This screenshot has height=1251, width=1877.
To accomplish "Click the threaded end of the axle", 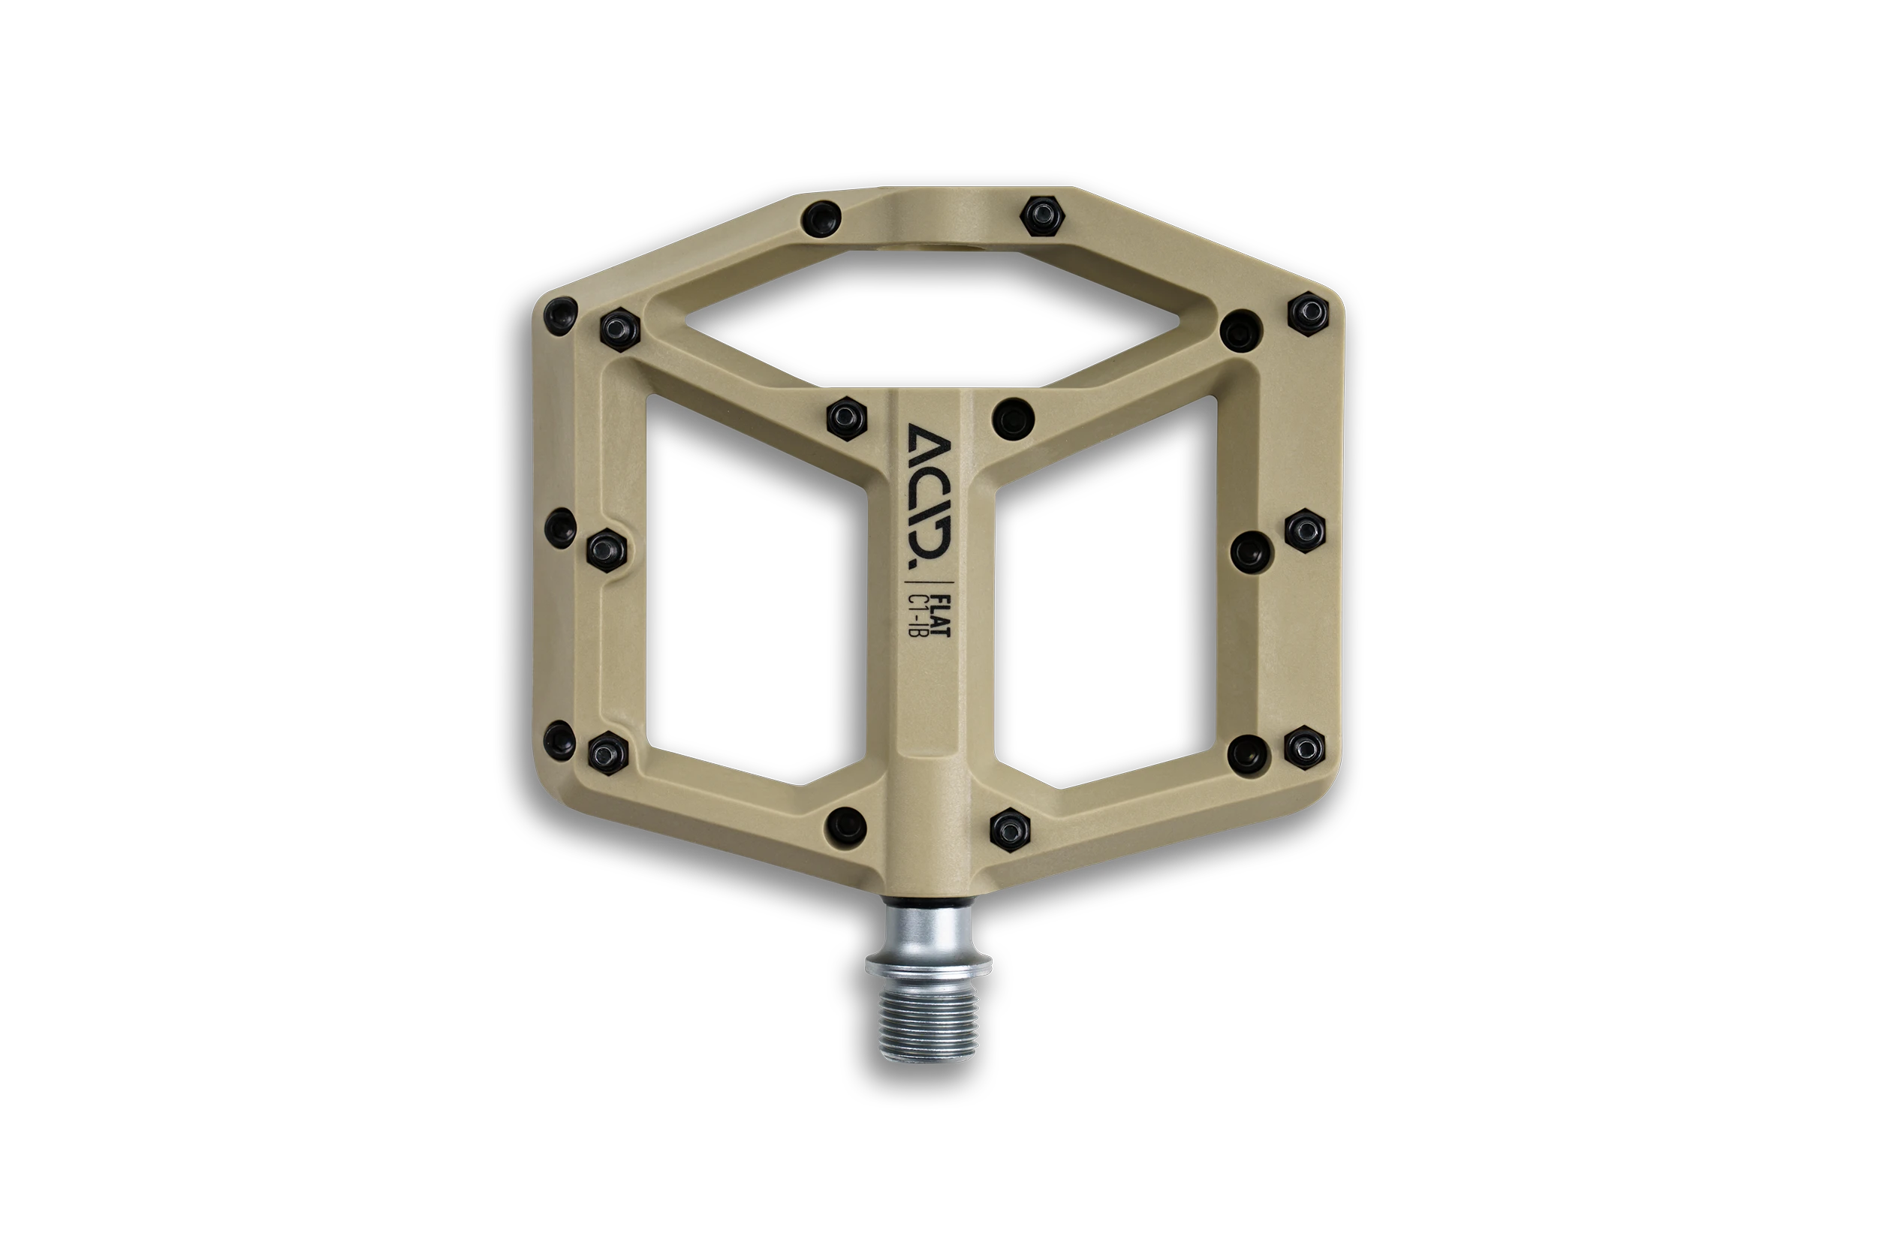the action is pyautogui.click(x=928, y=1022).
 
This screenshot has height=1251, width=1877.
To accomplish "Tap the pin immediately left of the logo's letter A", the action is pyautogui.click(x=847, y=418).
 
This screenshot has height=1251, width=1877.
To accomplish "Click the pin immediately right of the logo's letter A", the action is pyautogui.click(x=1014, y=416).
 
